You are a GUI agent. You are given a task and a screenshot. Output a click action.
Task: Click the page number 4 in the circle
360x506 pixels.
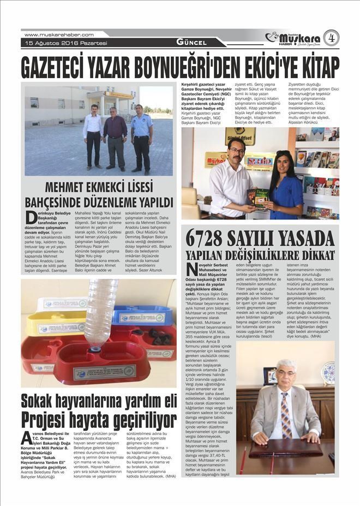click(331, 38)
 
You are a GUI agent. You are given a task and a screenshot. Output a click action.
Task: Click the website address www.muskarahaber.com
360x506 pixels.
click(59, 34)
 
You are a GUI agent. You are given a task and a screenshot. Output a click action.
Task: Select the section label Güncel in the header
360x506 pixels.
click(191, 42)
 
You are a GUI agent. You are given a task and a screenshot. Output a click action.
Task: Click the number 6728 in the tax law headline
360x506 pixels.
click(211, 238)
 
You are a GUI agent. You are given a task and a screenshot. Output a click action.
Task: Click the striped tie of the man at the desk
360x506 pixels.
click(286, 415)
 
